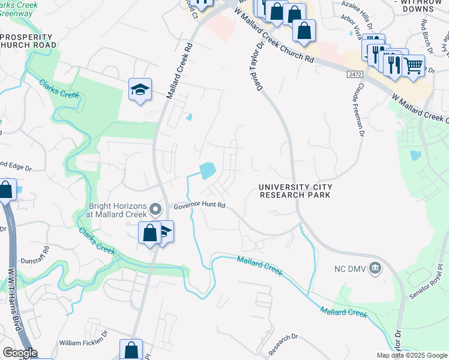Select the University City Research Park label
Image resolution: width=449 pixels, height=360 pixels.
295,191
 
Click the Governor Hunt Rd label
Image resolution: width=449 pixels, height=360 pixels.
199,205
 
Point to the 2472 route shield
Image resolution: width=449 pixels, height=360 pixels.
355,74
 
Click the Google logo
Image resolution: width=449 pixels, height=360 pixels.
20,353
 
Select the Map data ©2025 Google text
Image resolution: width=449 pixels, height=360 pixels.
412,355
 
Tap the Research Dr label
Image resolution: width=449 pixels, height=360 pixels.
283,344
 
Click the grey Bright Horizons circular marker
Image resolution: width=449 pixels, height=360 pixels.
156,209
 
